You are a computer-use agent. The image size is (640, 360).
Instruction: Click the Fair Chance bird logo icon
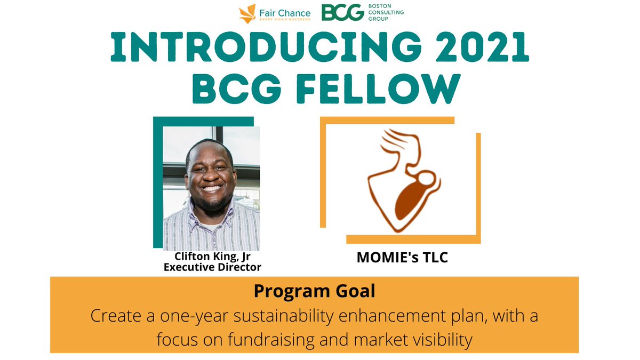click(247, 12)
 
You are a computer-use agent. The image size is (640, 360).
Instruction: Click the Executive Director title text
click(212, 267)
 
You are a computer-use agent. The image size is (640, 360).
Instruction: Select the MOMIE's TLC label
click(402, 258)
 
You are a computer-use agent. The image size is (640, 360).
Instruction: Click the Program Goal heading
click(314, 291)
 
